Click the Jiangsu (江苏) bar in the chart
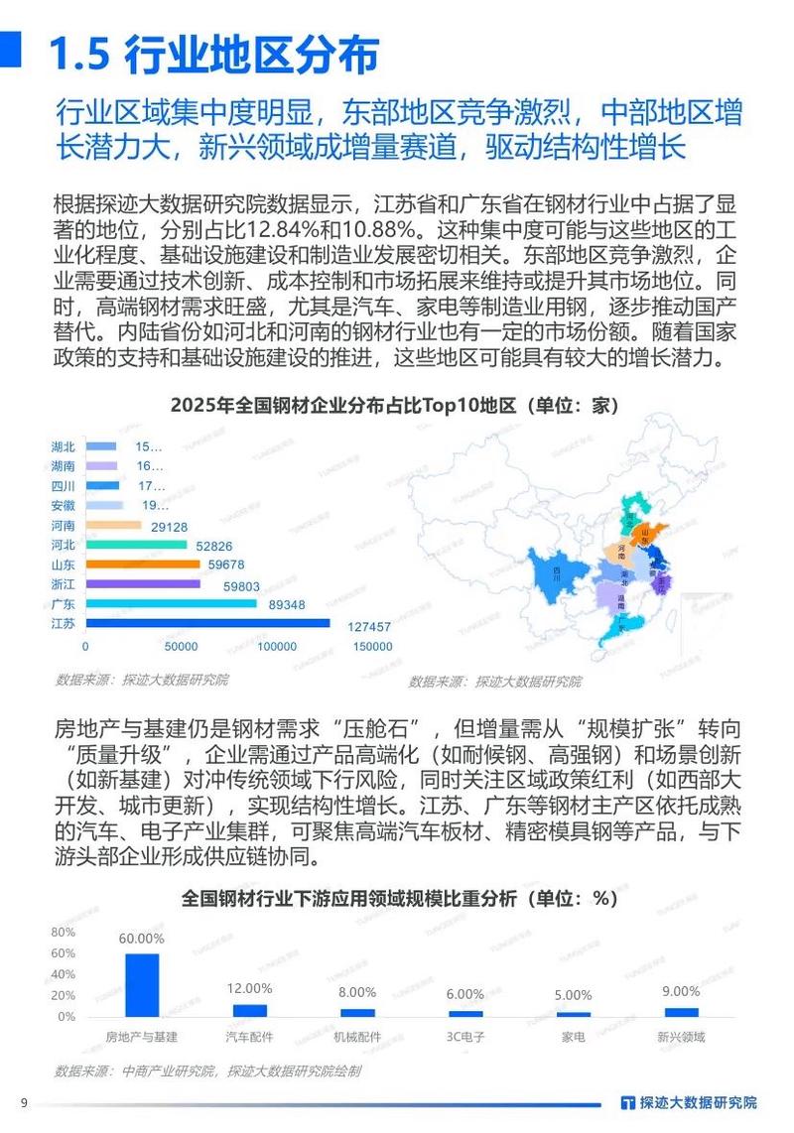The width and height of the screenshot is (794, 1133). [207, 623]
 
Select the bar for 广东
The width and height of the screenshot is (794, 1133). [171, 603]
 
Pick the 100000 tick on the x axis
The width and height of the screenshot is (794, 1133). [276, 647]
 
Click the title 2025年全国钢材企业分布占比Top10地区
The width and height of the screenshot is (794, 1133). [395, 406]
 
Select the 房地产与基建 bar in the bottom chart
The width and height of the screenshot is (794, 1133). [142, 985]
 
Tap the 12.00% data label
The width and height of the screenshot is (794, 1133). [249, 988]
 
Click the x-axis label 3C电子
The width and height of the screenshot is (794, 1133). [464, 1037]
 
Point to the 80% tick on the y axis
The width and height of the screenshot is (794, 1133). [63, 933]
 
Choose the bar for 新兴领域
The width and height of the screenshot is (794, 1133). [681, 1012]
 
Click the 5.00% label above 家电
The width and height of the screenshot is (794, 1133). [573, 995]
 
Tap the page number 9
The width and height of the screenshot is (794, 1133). [23, 1101]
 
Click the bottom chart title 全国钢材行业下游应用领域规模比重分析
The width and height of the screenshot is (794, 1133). [399, 898]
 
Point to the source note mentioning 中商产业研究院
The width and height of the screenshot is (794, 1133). [207, 1071]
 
